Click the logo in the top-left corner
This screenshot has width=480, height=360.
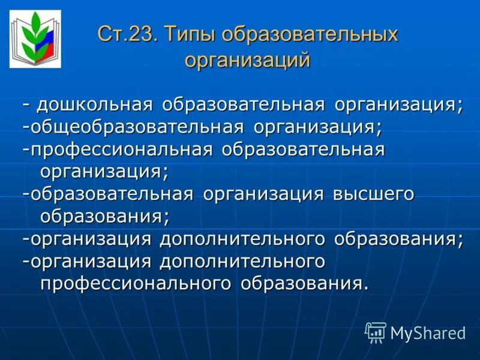[35, 39]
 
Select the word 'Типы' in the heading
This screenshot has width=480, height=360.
[189, 34]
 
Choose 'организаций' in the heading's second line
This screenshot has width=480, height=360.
[248, 61]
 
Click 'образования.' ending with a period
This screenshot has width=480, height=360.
[305, 283]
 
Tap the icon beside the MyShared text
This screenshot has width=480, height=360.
[376, 332]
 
